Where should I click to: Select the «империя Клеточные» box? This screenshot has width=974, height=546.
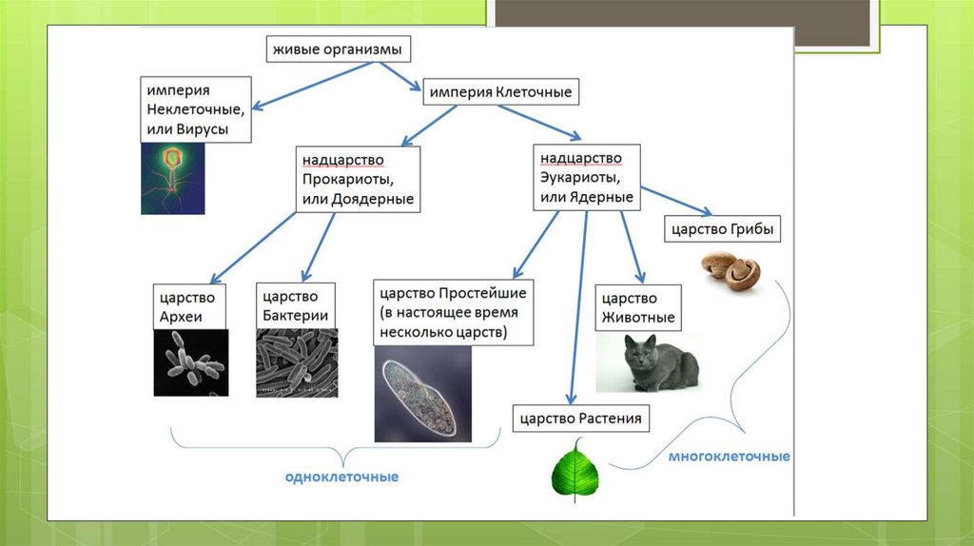click(x=499, y=92)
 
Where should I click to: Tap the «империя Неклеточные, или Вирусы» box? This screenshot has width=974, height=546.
click(x=197, y=109)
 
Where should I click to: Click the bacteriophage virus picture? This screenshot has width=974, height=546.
click(x=172, y=178)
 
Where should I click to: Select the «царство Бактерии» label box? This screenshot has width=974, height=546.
click(x=296, y=305)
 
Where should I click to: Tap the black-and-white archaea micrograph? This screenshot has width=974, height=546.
click(x=190, y=362)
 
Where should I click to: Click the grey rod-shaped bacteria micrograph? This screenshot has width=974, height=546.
click(x=297, y=362)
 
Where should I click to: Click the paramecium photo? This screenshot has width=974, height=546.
click(x=422, y=394)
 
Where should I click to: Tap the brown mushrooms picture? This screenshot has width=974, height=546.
click(x=731, y=270)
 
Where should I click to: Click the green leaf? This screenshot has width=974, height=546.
click(x=576, y=468)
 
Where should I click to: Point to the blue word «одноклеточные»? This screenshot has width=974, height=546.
click(x=341, y=476)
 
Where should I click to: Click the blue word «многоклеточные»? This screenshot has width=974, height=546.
click(x=729, y=457)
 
